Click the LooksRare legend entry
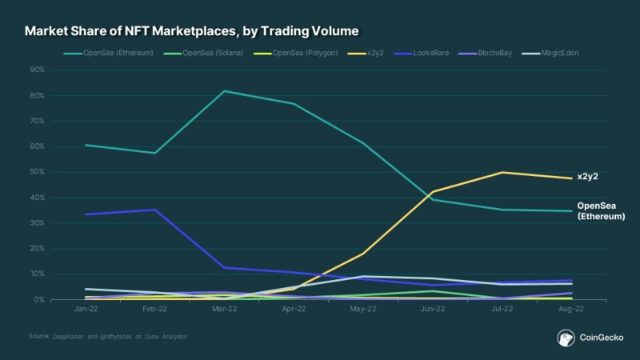coord(430,54)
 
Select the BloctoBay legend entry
coord(493,54)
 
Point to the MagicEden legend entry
coord(557,54)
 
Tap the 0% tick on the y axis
coord(38,299)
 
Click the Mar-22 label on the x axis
coord(223,308)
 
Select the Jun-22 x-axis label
coord(433,308)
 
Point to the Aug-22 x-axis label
coord(571,308)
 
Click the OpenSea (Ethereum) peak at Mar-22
coord(223,91)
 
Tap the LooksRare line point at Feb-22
coord(154,210)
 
